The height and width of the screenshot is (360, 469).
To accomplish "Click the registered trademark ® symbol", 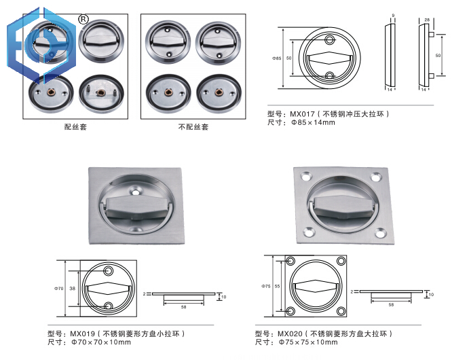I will (x=83, y=18).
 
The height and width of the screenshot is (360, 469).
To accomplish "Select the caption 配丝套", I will (x=75, y=127).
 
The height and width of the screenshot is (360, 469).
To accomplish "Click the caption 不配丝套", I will (x=193, y=127).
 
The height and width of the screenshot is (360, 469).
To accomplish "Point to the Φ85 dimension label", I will (x=277, y=58).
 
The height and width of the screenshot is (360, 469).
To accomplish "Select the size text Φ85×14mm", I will (x=313, y=122).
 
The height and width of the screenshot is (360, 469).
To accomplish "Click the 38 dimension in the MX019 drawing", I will (x=72, y=288).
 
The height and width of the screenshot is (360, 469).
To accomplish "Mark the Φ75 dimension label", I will (x=266, y=286).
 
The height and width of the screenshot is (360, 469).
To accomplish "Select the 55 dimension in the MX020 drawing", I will (x=279, y=286).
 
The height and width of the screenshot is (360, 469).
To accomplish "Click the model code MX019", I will (x=82, y=334).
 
